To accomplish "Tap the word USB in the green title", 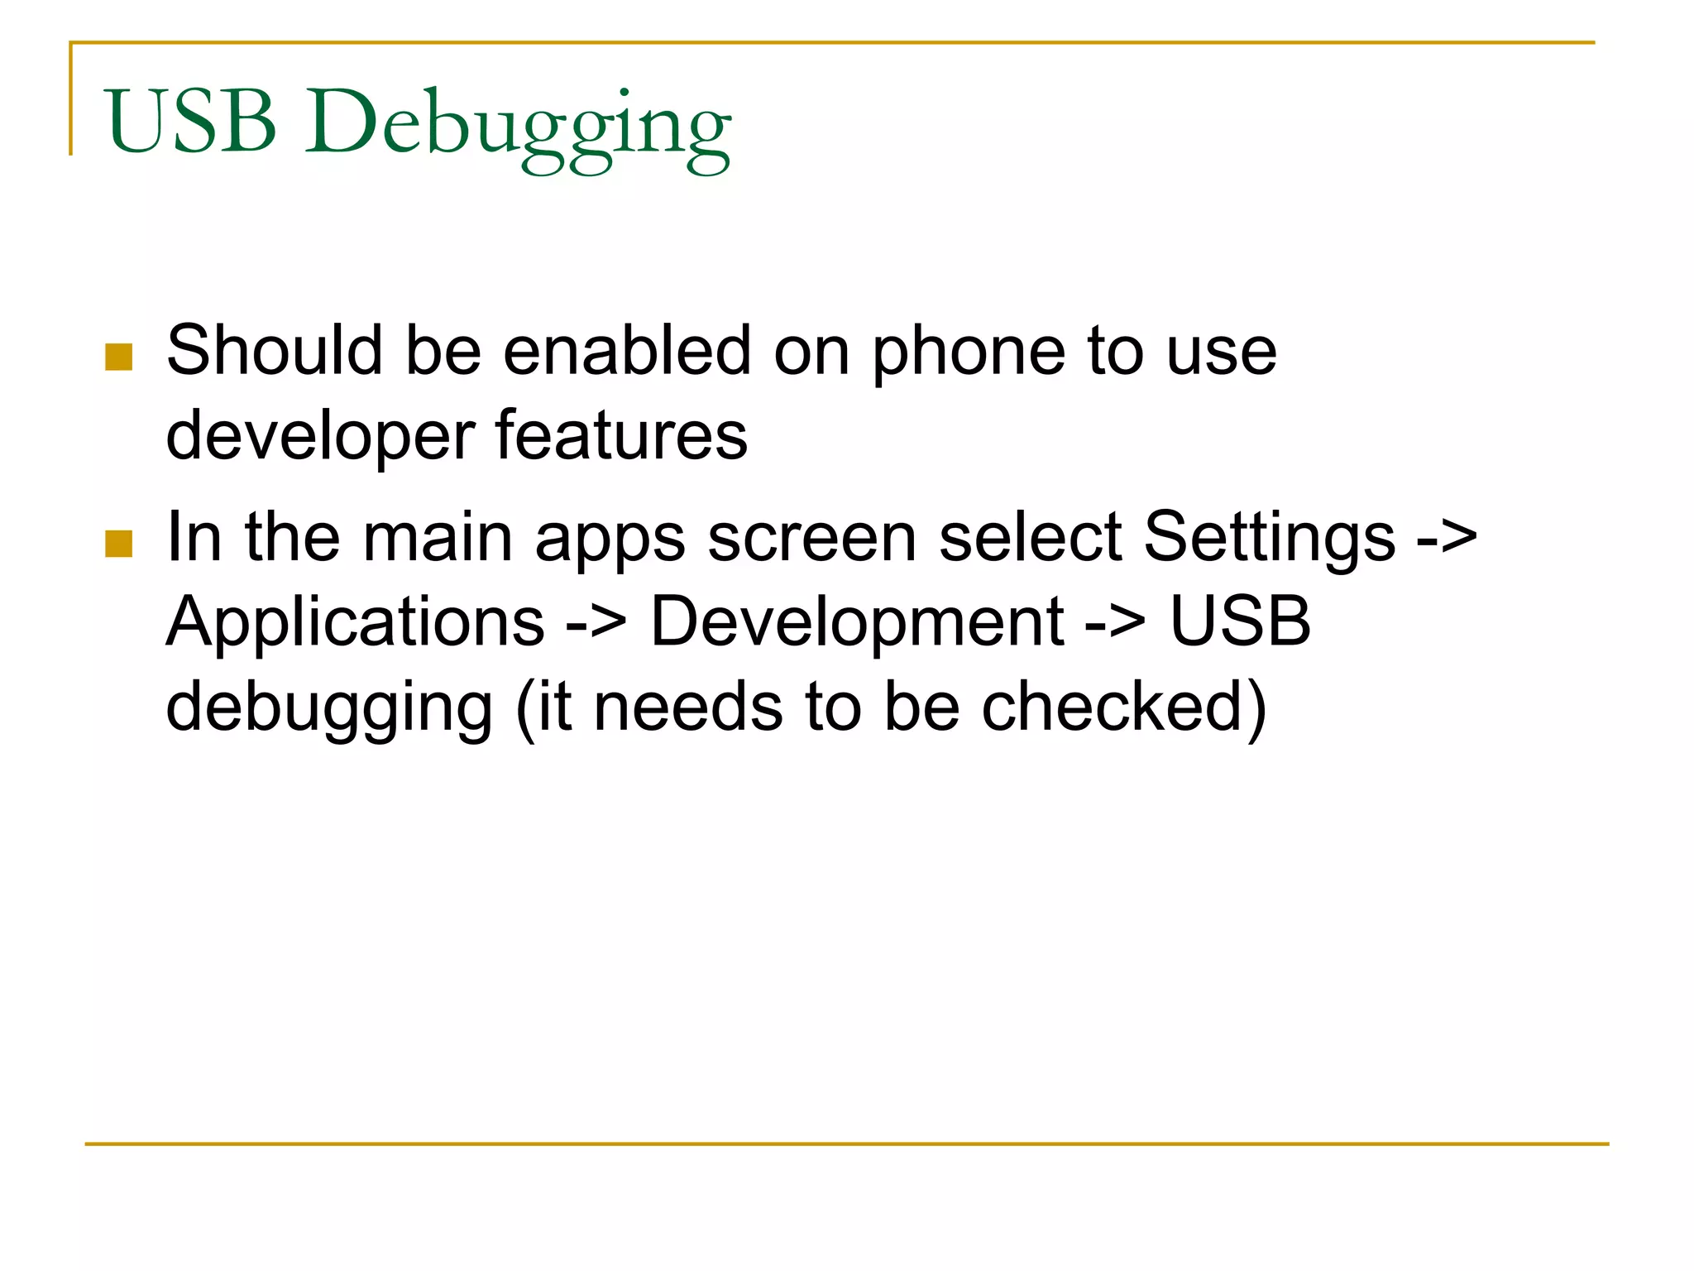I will point(191,122).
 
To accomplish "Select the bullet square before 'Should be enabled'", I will point(119,357).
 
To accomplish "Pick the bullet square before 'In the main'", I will point(119,544).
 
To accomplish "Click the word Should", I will point(274,351).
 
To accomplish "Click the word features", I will point(621,435).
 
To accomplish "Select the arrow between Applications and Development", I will point(596,622).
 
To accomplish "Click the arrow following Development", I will point(1116,622).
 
